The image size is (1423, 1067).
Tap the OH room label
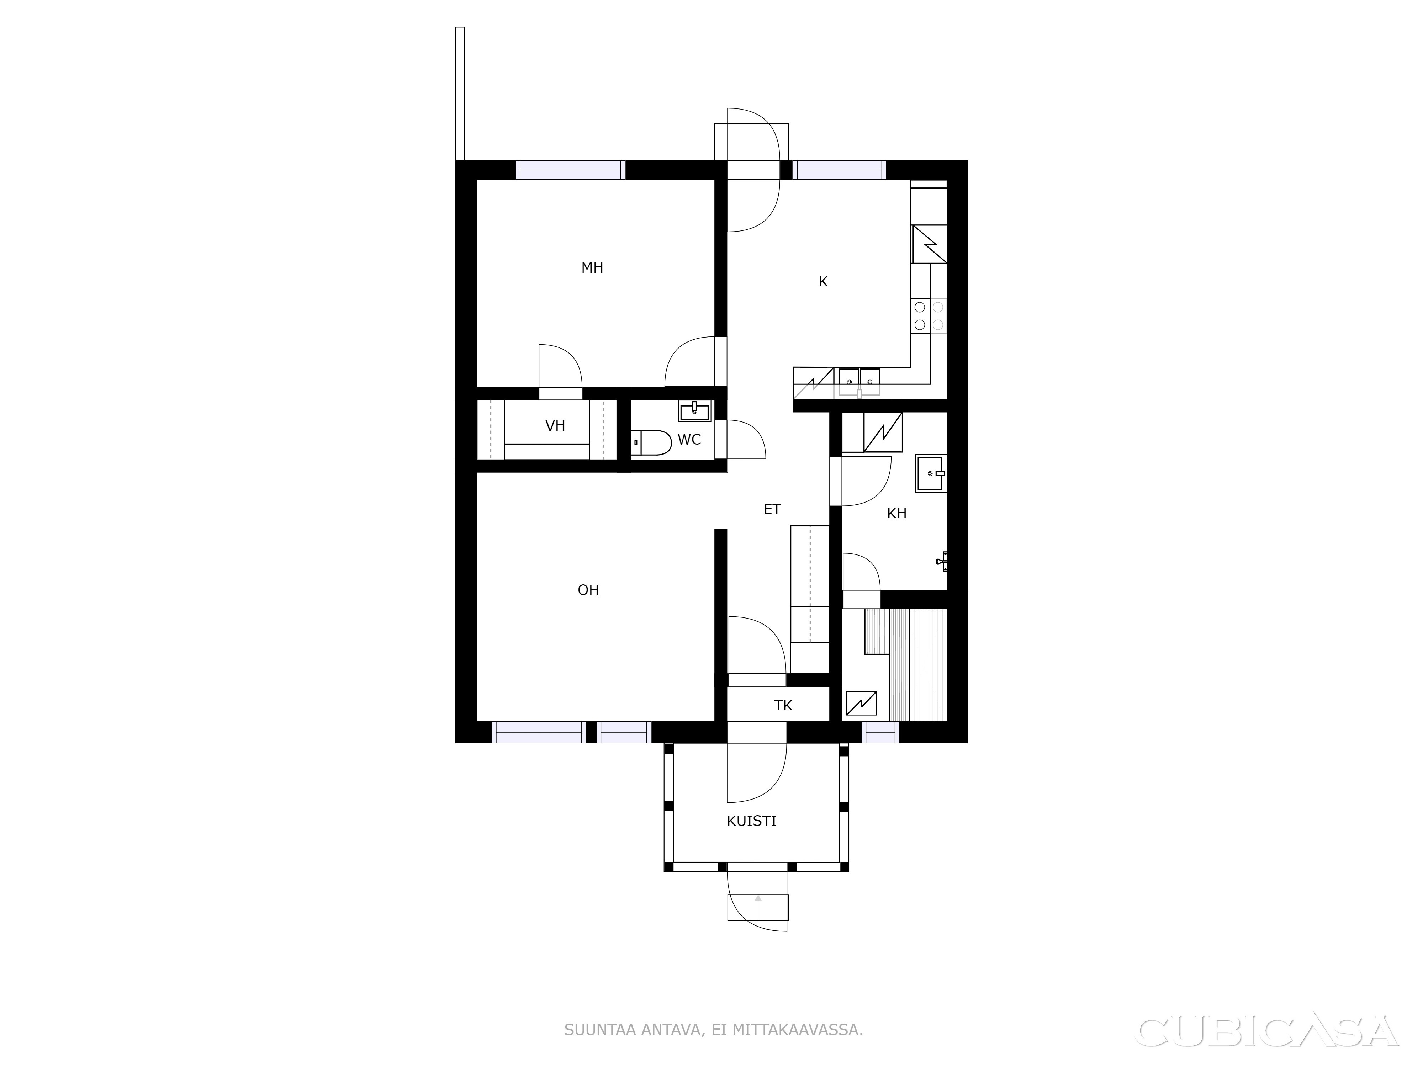click(x=588, y=590)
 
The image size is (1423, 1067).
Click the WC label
click(x=689, y=440)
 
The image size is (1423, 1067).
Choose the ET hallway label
click(x=772, y=509)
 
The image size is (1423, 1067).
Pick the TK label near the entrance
click(x=783, y=706)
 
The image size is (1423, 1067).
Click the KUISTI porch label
click(x=751, y=821)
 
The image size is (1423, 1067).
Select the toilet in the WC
click(x=651, y=442)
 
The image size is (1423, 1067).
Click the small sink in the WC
click(x=694, y=410)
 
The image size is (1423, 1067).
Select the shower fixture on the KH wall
click(x=942, y=561)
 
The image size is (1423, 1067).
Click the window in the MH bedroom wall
click(x=571, y=170)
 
